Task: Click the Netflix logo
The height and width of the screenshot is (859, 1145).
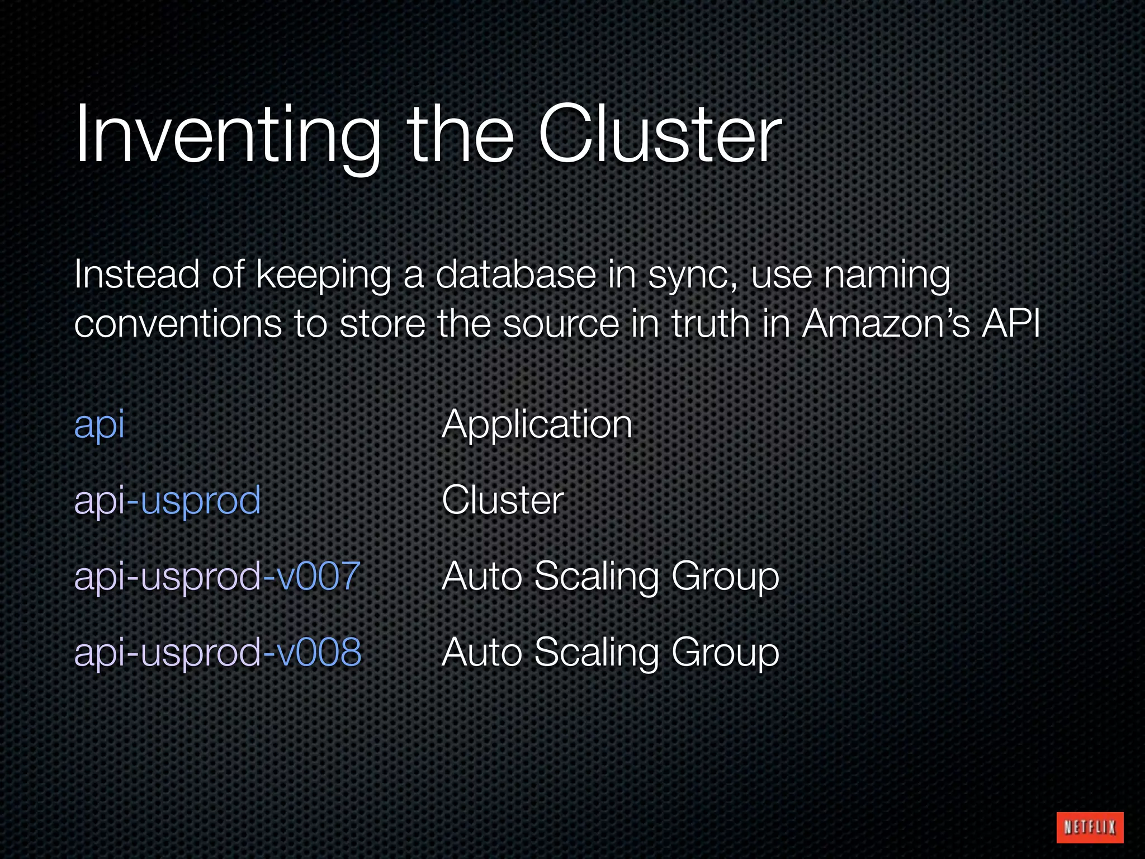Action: click(1090, 827)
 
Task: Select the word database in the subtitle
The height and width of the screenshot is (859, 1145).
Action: click(515, 275)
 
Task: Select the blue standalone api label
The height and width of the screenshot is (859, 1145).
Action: click(99, 424)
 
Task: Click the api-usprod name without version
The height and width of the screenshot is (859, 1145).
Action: click(167, 501)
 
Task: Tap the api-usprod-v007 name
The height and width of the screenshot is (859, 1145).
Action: click(217, 576)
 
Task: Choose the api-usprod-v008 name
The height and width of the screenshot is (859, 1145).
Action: click(217, 652)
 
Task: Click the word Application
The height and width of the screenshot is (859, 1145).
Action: click(537, 424)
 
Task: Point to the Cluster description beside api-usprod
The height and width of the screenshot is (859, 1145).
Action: click(503, 500)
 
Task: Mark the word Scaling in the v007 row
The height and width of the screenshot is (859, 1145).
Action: click(597, 577)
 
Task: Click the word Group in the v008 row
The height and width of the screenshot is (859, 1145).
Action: click(725, 653)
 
